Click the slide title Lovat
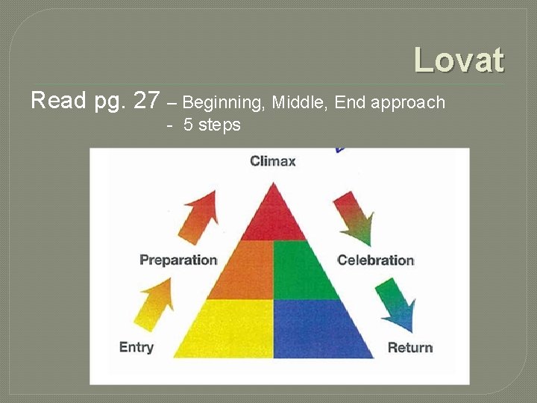tap(459, 60)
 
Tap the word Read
tap(59, 100)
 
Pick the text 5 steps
tap(212, 125)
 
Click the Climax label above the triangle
tap(272, 161)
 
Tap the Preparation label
tap(178, 260)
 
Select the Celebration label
tap(375, 260)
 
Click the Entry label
tap(136, 347)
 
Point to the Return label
tap(410, 347)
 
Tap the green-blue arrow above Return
tap(395, 304)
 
